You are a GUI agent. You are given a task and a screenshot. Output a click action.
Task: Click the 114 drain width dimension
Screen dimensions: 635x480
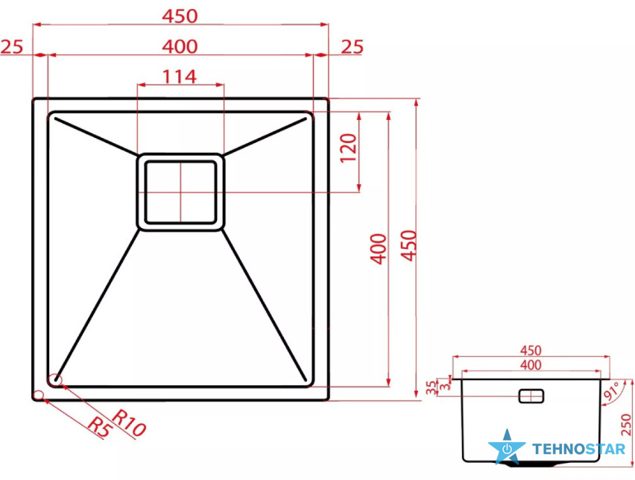(180, 77)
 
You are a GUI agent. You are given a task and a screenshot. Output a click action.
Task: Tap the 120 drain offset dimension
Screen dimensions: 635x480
(348, 148)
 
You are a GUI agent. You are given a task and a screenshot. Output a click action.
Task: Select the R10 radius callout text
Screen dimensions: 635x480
(129, 423)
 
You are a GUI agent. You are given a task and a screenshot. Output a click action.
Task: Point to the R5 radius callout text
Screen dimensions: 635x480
(99, 427)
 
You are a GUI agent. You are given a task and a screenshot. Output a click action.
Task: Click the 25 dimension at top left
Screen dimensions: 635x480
(12, 47)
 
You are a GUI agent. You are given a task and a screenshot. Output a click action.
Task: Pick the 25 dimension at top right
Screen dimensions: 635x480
(352, 47)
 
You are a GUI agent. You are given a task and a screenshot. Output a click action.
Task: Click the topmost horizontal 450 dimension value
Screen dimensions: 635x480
(180, 16)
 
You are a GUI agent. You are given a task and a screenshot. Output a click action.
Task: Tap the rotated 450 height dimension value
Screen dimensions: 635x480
(408, 246)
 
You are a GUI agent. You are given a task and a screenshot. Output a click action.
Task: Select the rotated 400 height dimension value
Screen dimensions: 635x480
(379, 249)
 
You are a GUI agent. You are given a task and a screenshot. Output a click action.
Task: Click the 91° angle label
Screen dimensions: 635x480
(611, 391)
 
